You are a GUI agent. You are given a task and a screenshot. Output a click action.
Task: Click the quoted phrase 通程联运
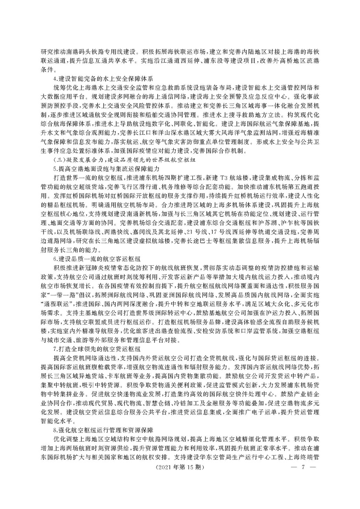point(52,308)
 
